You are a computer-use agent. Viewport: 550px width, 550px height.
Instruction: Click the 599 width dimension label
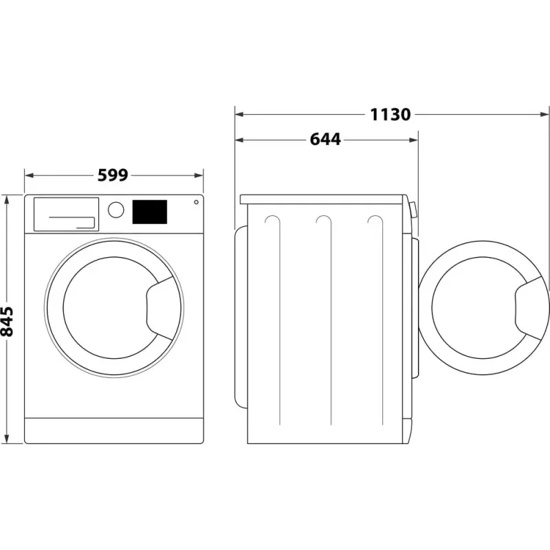coord(113,175)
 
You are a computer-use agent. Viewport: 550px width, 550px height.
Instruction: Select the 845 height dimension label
coord(8,321)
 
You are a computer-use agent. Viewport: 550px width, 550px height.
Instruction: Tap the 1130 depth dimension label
coord(390,114)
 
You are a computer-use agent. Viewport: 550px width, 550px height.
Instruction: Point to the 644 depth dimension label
coord(325,140)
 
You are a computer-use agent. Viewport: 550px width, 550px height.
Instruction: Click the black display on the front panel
coord(150,212)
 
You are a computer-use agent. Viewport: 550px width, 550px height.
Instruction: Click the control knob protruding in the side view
coord(412,210)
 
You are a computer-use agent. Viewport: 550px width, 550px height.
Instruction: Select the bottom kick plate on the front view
coord(115,430)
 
